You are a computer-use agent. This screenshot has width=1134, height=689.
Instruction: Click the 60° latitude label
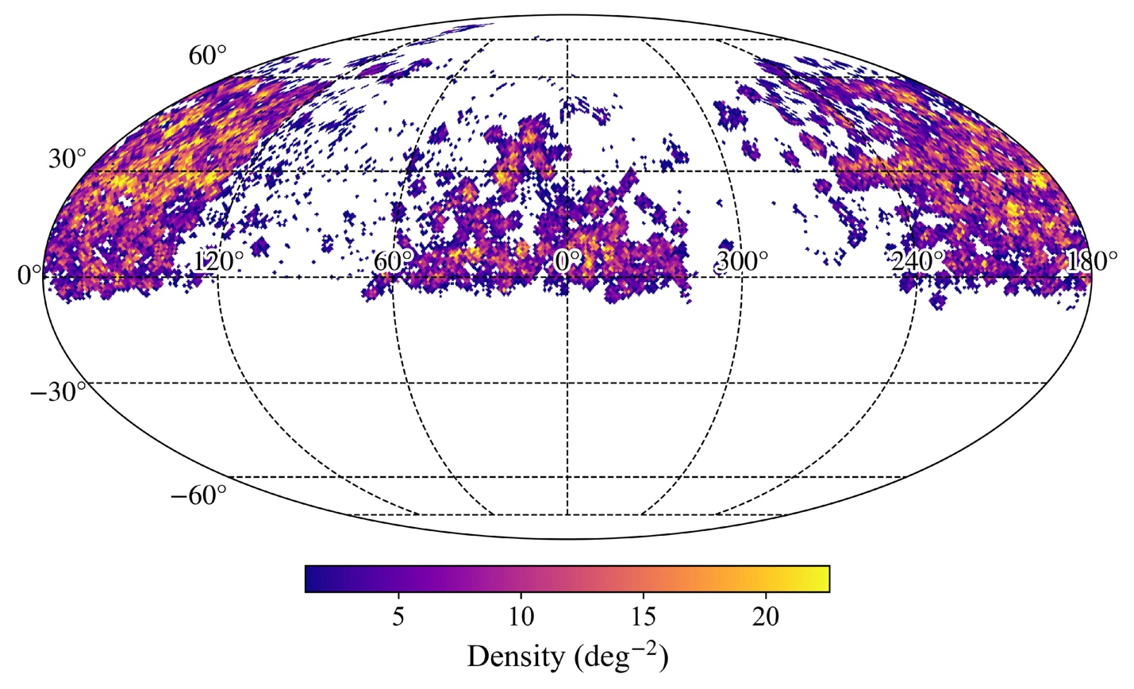pos(207,56)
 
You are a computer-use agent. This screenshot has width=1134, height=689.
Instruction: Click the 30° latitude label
pos(67,159)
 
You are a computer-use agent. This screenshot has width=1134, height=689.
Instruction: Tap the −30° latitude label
pos(57,391)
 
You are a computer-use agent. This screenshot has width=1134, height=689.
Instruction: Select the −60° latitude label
pos(198,496)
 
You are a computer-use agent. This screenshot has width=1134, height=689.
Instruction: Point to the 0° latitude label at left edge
pos(28,275)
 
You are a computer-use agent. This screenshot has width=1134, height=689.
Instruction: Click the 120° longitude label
pos(218,261)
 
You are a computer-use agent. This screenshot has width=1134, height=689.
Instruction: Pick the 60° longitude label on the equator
pos(394,261)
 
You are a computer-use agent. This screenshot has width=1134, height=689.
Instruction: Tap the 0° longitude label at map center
pos(567,261)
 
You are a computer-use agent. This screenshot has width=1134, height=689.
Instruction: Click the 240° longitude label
pos(917,261)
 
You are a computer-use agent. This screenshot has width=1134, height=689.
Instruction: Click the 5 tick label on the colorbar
pos(398,617)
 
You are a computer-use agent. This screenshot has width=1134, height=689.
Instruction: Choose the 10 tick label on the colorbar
pos(521,617)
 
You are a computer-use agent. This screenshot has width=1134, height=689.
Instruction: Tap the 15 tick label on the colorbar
pos(643,617)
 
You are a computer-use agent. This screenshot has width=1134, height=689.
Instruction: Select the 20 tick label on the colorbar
pos(765,617)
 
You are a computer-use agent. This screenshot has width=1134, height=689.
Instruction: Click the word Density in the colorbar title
pos(512,656)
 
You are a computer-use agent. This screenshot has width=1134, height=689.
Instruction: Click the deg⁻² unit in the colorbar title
pos(623,656)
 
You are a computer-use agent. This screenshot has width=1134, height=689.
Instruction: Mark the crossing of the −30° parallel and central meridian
pos(567,383)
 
